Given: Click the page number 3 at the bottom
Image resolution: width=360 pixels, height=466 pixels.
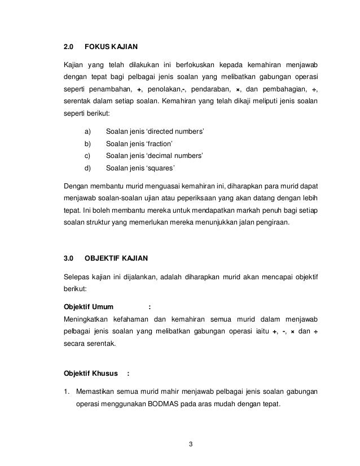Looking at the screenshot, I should click(191, 443).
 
